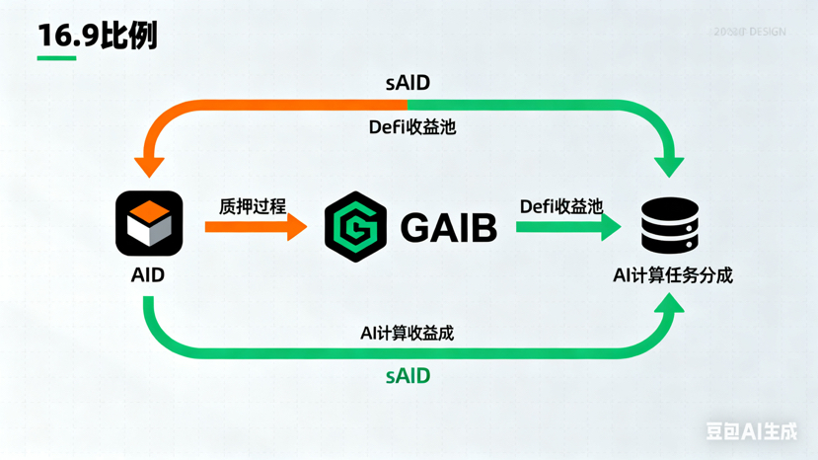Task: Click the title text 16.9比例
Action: coord(97,36)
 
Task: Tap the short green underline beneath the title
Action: coord(56,58)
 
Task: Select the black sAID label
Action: coord(408,83)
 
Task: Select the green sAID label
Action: coord(408,376)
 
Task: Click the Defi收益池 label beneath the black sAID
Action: coord(412,126)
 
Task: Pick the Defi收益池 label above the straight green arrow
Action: coord(560,206)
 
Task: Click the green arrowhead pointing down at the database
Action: coord(670,163)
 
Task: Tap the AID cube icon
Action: coord(149,224)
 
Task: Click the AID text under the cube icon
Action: coord(148,275)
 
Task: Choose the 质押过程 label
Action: coord(253,206)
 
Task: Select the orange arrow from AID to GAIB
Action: coord(256,227)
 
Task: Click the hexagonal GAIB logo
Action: coord(355,227)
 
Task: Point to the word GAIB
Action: coord(448,228)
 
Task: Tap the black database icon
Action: coord(670,226)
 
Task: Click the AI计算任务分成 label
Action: coord(673,275)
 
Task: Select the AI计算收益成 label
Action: coord(407,334)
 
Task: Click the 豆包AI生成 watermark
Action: coord(751,431)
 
